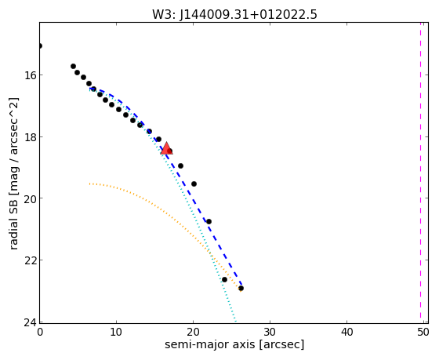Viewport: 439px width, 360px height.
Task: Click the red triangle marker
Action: coord(166,148)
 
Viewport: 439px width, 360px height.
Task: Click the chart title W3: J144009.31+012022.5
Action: coord(234,15)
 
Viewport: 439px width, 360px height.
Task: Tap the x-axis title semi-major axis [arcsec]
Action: coord(234,344)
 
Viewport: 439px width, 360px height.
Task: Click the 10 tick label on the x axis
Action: coord(116,333)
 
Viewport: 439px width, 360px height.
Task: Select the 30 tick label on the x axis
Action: coord(270,333)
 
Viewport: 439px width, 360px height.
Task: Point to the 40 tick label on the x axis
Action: coord(346,333)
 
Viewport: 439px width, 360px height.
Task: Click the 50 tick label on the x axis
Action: coord(423,333)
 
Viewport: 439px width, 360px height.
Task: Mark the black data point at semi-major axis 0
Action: coord(40,46)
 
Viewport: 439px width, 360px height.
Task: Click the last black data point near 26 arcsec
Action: coord(241,289)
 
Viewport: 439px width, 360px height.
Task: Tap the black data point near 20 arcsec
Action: coord(194,184)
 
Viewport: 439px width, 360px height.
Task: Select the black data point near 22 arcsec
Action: coord(209,222)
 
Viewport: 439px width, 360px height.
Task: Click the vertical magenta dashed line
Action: coord(420,170)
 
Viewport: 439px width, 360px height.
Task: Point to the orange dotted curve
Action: coord(168,213)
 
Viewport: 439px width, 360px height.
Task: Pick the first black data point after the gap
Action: coord(73,67)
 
